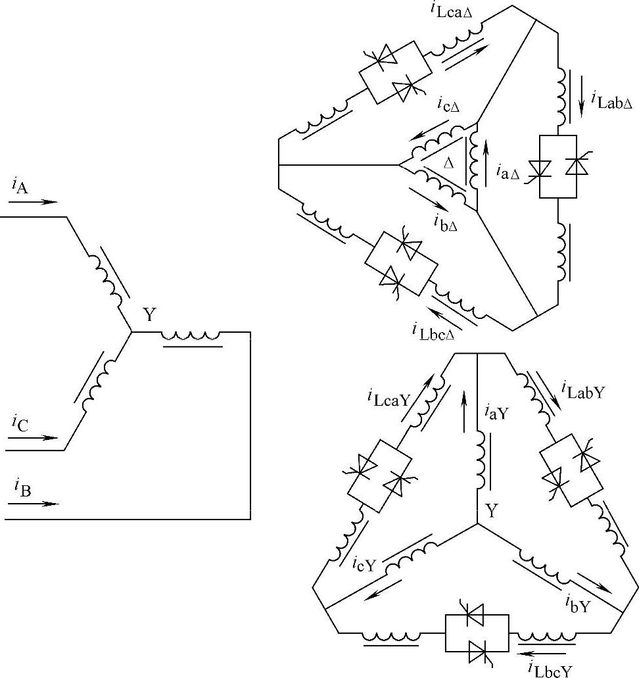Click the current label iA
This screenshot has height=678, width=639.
19,186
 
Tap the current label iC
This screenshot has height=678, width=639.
19,423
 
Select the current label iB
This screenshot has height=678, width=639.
19,489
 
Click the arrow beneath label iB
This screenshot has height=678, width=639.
34,504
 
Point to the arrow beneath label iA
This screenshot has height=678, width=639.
34,202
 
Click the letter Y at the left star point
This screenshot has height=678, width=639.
150,316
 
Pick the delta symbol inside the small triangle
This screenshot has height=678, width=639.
449,162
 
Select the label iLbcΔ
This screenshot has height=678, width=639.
434,329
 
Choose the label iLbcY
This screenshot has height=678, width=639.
550,669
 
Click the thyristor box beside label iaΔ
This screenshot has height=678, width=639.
557,166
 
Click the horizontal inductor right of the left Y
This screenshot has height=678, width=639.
191,336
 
